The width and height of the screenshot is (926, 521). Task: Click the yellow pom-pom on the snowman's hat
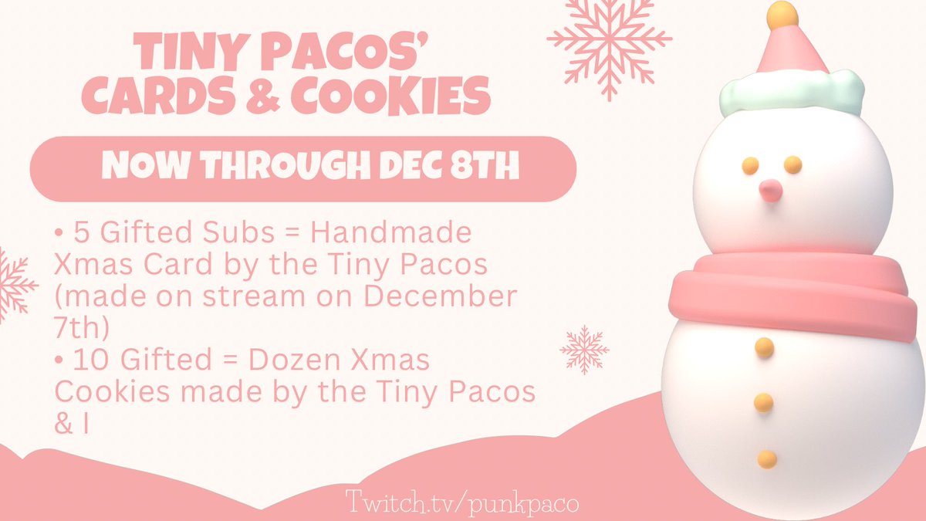[781, 12]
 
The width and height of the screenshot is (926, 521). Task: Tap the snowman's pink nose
[769, 188]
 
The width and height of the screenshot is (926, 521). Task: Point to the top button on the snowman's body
[764, 347]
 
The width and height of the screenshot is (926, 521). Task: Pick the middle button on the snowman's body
[764, 402]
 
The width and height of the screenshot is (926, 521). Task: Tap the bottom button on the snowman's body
[766, 459]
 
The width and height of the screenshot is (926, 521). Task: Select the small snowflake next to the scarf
[584, 349]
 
